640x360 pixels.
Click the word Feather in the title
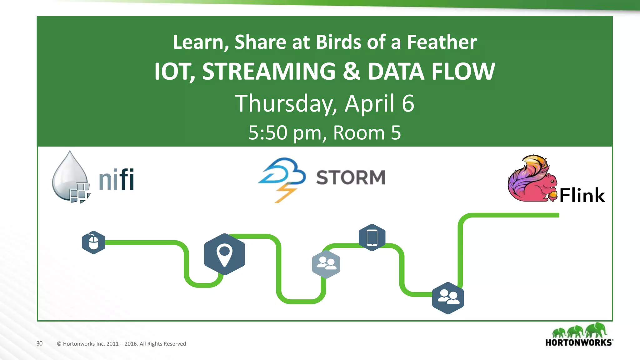(x=442, y=42)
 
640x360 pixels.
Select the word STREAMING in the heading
(x=269, y=72)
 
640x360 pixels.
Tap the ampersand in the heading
(x=351, y=72)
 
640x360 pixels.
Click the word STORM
(x=350, y=177)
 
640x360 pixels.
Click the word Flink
(x=582, y=196)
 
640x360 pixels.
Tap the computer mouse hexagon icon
(x=93, y=242)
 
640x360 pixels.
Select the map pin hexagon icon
(x=224, y=254)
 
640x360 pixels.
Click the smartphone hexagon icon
(x=372, y=237)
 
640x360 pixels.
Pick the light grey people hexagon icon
(x=326, y=264)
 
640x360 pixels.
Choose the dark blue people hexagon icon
(x=448, y=298)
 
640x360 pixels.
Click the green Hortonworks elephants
(x=579, y=331)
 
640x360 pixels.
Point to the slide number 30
(x=39, y=343)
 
